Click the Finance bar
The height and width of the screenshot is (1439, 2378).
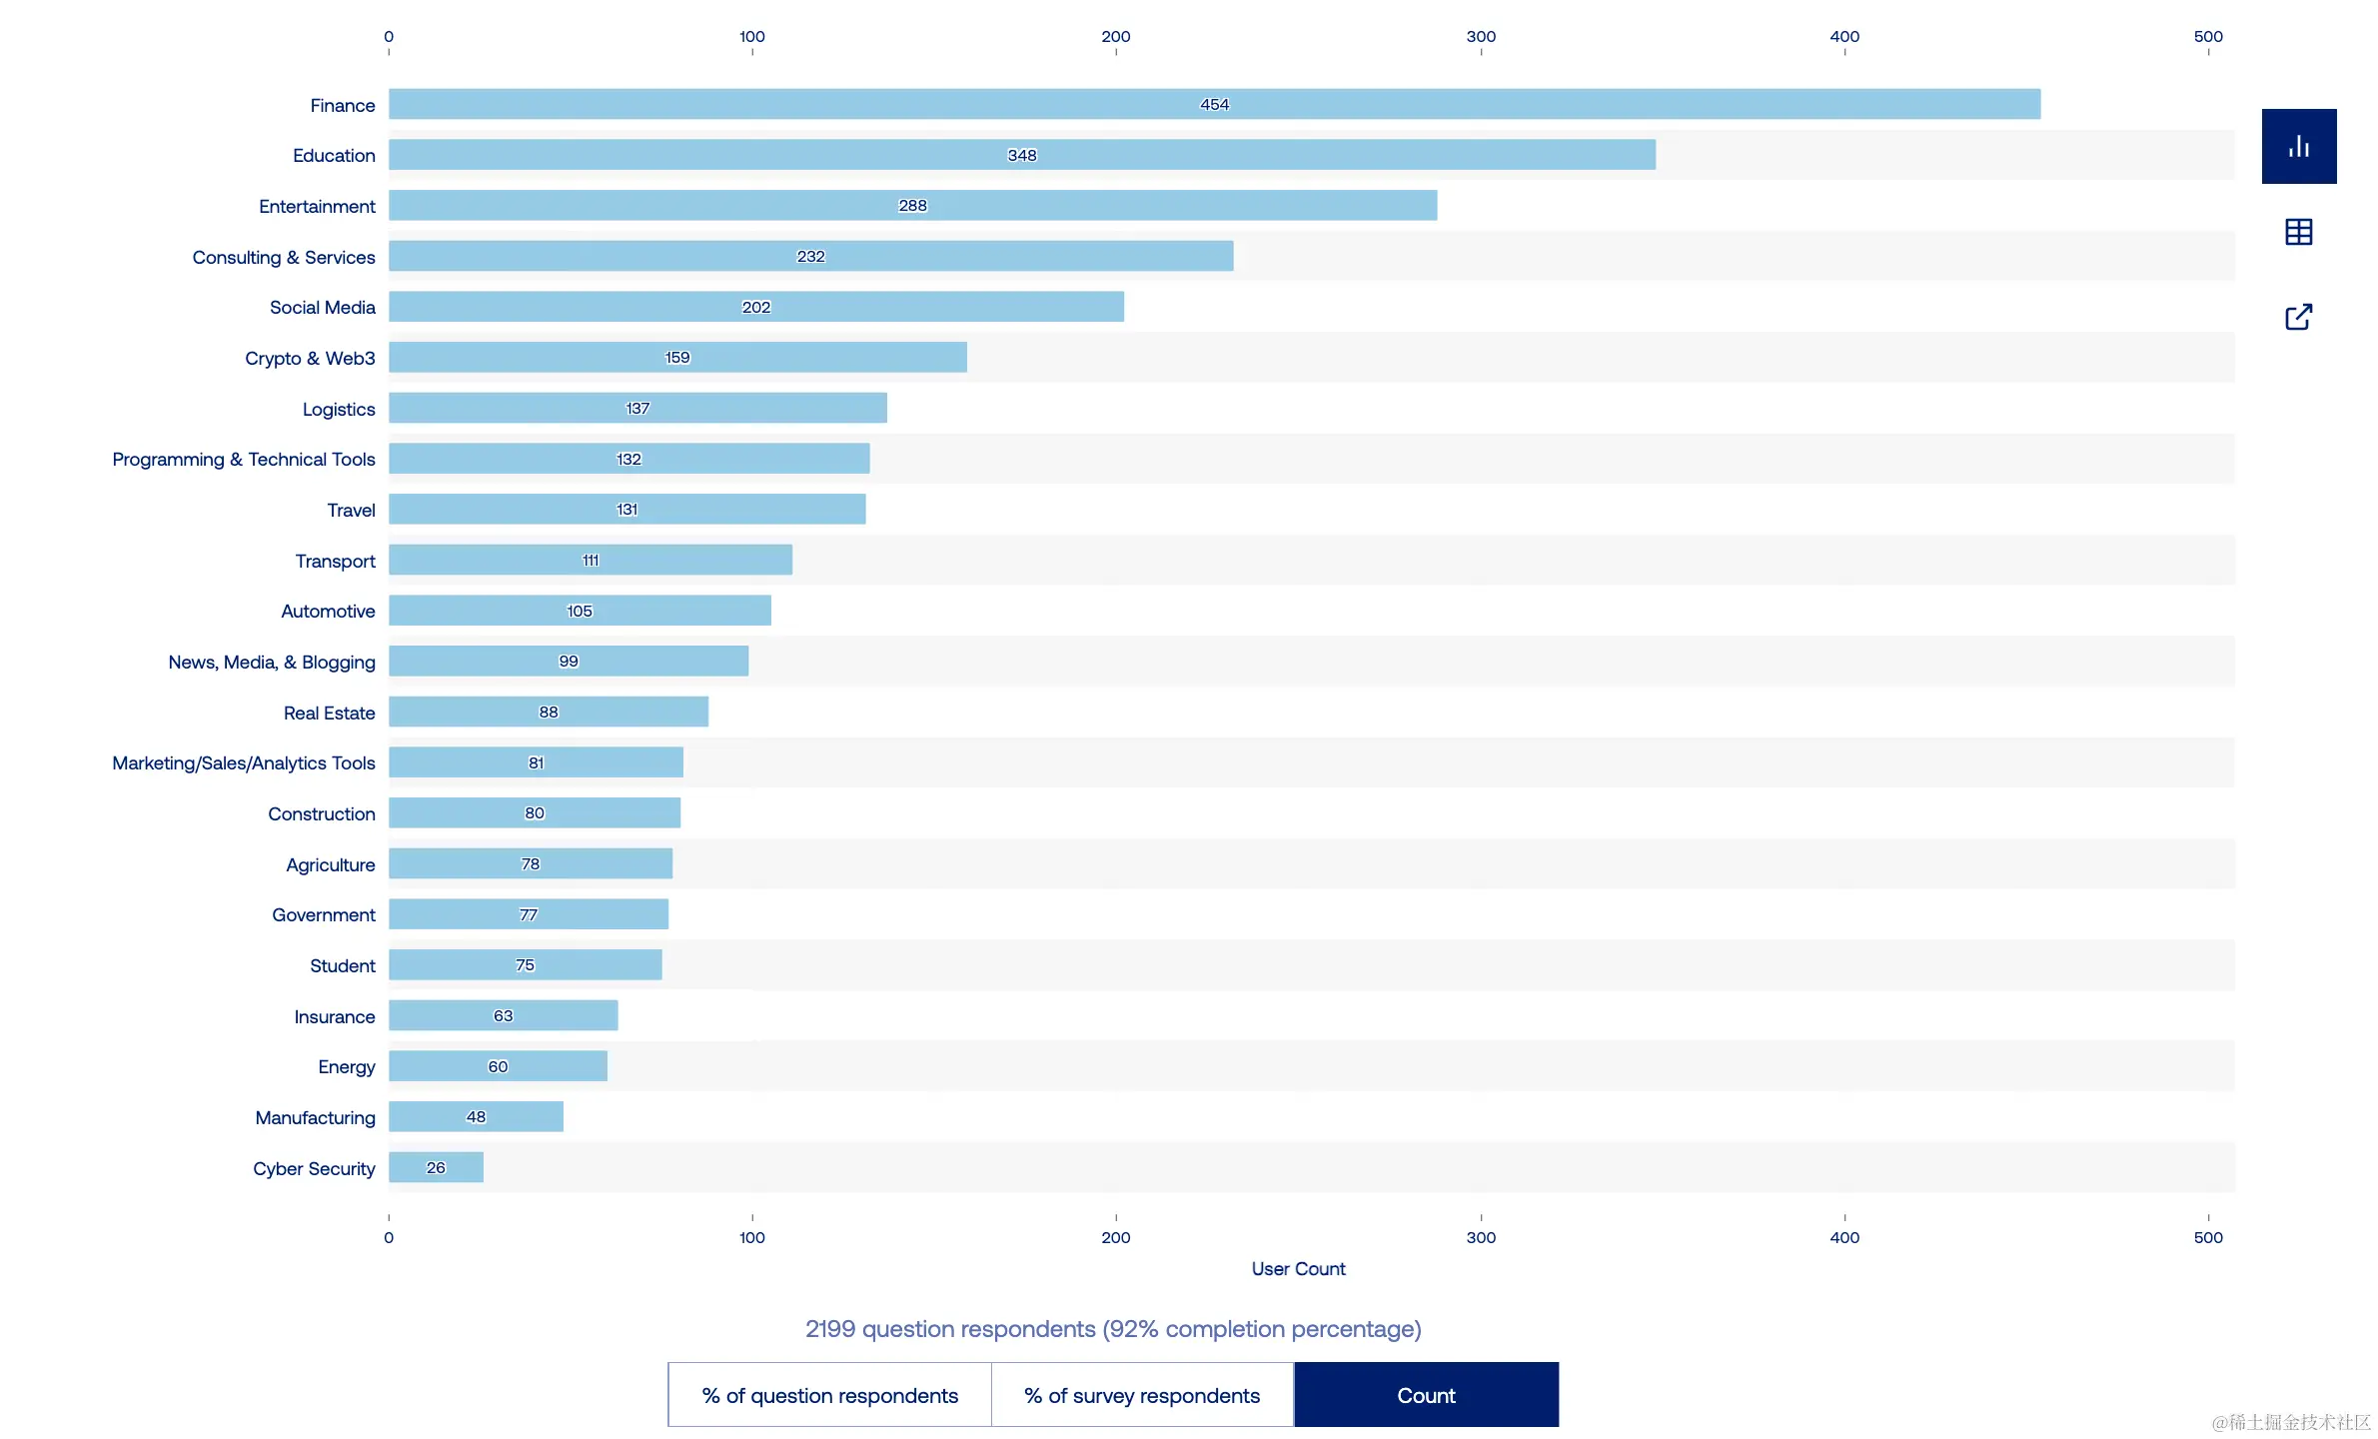tap(1214, 105)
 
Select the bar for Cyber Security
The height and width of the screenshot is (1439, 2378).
tap(436, 1167)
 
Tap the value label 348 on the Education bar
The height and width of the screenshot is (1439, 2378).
tap(1022, 156)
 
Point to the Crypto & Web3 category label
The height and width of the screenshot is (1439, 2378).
tap(310, 359)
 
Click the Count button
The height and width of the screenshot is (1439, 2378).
tap(1426, 1395)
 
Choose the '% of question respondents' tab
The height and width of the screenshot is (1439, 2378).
tap(829, 1395)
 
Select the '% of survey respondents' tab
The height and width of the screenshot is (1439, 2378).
tap(1142, 1395)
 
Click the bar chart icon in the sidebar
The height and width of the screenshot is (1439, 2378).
tap(2299, 147)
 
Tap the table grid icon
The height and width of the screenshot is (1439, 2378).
tap(2299, 232)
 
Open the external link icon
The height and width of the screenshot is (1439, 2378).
tap(2299, 317)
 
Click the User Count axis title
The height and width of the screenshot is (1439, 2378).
tap(1298, 1269)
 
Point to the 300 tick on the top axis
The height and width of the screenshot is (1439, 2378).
tap(1481, 37)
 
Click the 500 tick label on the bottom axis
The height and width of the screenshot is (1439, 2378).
tap(2208, 1238)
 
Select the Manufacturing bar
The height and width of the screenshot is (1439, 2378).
tap(476, 1117)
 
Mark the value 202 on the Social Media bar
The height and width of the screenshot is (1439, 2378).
tap(756, 308)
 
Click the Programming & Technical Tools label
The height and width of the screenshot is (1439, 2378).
tap(244, 460)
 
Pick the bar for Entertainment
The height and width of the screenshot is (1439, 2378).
tap(912, 206)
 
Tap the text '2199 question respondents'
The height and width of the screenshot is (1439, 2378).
tap(950, 1329)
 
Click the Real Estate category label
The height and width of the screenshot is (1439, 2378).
tap(329, 714)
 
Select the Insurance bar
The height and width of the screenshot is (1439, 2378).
tap(503, 1015)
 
